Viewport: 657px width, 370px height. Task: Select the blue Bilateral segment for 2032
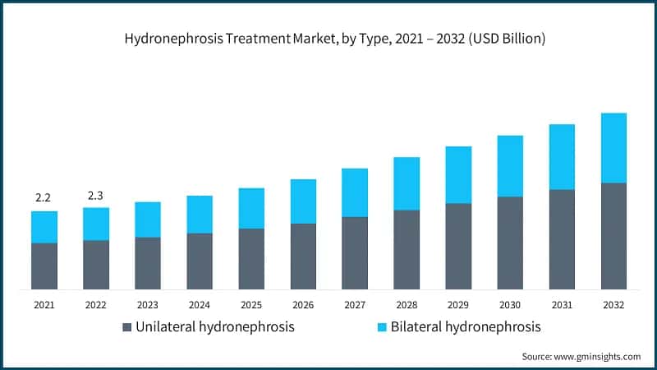pos(613,148)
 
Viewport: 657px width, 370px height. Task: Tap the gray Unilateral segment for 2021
pos(44,266)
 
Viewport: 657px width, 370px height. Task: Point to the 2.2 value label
pos(44,198)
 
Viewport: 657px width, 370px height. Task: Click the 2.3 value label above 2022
pos(95,196)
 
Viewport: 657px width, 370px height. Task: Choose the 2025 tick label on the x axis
pos(250,305)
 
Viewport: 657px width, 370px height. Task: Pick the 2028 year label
pos(406,305)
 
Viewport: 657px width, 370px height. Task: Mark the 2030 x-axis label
pos(509,305)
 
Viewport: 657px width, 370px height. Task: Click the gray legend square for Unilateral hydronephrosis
pos(127,327)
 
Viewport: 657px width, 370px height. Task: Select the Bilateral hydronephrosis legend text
pos(466,327)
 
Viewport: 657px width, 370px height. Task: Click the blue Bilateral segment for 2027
pos(355,192)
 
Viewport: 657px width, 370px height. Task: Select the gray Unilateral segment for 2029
pos(458,246)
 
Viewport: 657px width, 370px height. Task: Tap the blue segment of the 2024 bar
pos(200,215)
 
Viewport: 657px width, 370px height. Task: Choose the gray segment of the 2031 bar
pos(562,239)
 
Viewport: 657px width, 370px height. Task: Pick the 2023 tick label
pos(147,305)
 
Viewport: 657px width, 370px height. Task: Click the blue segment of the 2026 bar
pos(303,201)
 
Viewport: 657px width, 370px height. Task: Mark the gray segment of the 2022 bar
pos(96,264)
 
